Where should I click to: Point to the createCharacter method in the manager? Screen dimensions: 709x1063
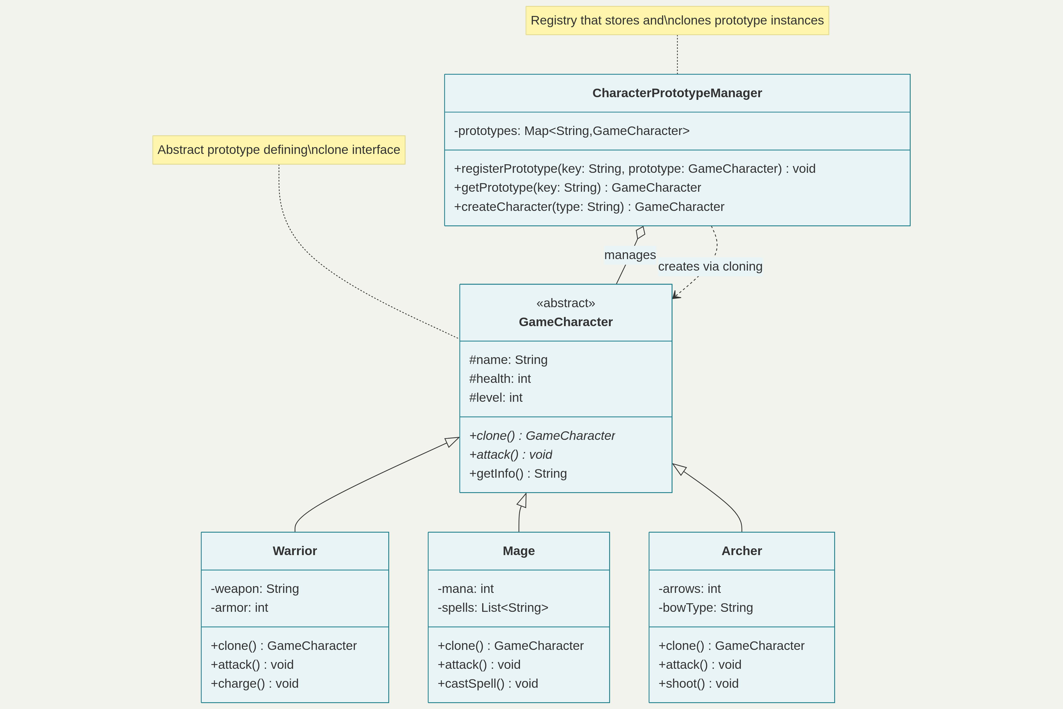click(x=588, y=206)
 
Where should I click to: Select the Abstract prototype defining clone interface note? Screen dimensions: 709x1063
click(x=278, y=150)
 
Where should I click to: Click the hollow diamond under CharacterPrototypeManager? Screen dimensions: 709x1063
click(x=640, y=232)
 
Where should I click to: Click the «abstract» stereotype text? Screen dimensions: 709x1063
click(x=565, y=303)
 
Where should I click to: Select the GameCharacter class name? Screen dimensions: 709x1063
click(x=565, y=322)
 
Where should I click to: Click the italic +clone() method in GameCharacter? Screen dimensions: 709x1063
click(x=542, y=435)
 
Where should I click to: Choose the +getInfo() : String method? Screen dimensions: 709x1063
click(x=518, y=474)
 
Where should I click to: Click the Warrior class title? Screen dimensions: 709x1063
click(x=295, y=551)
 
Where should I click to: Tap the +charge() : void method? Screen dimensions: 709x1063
click(x=255, y=683)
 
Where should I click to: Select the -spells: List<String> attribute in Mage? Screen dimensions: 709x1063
click(x=493, y=607)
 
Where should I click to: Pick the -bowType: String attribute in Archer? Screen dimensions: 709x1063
click(x=705, y=607)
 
